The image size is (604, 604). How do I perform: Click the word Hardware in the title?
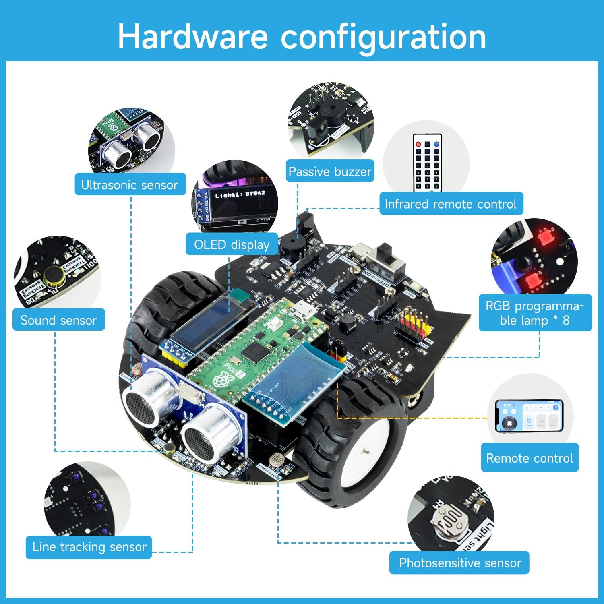point(192,36)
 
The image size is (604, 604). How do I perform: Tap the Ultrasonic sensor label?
point(130,185)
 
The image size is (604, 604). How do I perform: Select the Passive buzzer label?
point(330,172)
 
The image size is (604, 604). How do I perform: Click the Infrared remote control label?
point(451,204)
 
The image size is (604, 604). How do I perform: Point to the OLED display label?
point(232,244)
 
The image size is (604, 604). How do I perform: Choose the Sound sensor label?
point(59,320)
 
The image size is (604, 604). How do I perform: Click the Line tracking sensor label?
point(89,547)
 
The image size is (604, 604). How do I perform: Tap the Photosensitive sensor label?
point(459,563)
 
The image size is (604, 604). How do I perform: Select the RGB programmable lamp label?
point(535,313)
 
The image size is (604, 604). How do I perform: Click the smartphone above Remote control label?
point(529,416)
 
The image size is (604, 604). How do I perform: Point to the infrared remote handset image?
point(427,163)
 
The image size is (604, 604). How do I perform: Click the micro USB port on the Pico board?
point(300,310)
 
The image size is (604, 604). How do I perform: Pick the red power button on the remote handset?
point(418,144)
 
